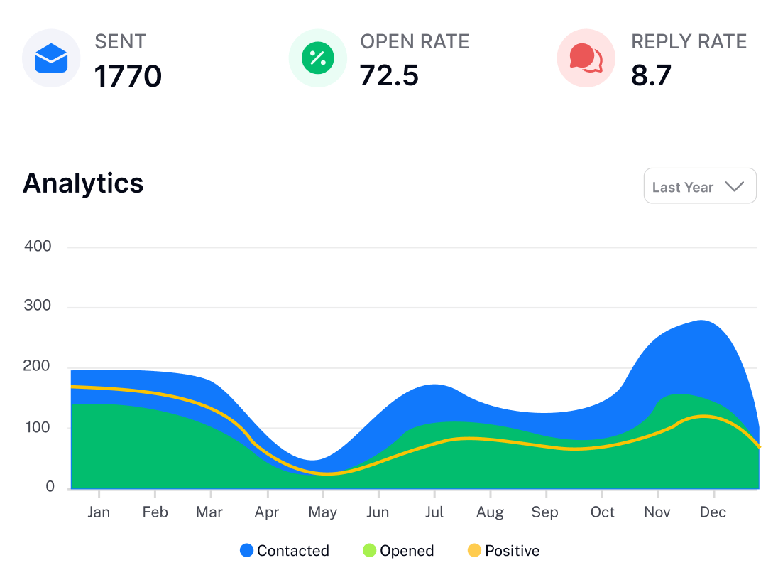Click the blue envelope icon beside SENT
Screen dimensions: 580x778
(51, 58)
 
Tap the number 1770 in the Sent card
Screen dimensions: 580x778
(128, 76)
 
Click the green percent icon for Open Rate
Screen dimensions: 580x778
(317, 58)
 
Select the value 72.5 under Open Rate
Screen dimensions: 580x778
(389, 75)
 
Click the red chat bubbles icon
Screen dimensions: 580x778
(586, 58)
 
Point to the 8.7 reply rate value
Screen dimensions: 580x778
(651, 75)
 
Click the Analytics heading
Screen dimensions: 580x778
(83, 183)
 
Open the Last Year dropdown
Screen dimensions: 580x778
(699, 186)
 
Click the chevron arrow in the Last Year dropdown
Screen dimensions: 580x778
(734, 187)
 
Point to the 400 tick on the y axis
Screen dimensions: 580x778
(38, 247)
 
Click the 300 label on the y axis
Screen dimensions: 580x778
(38, 306)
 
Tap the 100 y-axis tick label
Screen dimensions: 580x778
(38, 427)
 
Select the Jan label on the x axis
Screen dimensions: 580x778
(99, 512)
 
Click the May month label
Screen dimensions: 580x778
(323, 512)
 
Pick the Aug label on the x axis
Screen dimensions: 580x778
(490, 512)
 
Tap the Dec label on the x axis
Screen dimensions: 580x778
(713, 512)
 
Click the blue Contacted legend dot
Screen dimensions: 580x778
(246, 550)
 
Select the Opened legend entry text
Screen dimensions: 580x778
(407, 551)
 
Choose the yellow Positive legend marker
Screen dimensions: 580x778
(474, 550)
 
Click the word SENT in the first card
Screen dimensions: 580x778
(120, 41)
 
